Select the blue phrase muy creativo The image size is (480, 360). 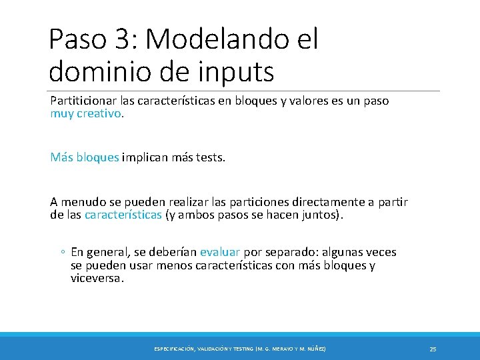(x=86, y=113)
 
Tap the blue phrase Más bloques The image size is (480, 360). (x=85, y=157)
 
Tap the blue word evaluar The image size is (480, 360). (x=220, y=252)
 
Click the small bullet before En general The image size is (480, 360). (x=61, y=252)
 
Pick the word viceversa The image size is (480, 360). (x=97, y=279)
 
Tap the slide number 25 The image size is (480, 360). (x=433, y=349)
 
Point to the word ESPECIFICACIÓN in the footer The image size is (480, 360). (x=175, y=349)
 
